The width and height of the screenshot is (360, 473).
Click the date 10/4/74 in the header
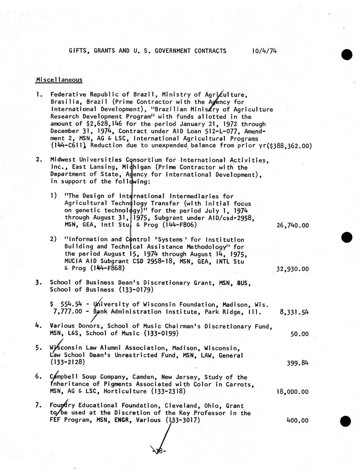pos(264,51)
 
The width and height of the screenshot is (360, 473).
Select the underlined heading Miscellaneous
pos(59,80)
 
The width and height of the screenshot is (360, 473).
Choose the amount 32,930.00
pos(293,269)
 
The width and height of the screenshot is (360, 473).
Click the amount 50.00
pos(299,334)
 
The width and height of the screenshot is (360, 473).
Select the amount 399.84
pos(297,363)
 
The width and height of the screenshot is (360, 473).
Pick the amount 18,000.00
pos(293,392)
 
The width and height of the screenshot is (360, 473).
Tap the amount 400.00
pos(297,421)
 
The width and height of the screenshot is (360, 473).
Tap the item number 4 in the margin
pos(38,326)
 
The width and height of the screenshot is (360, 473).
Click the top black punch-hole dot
pos(347,54)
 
